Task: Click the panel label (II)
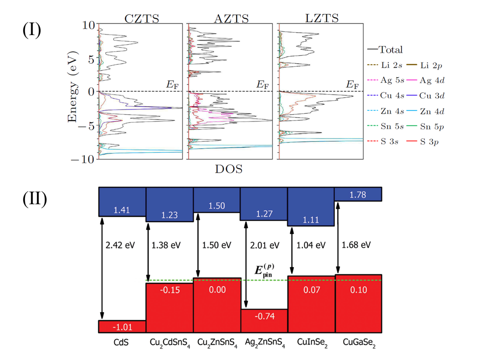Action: (x=35, y=199)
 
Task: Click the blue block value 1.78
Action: (x=358, y=194)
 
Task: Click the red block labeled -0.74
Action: (x=264, y=317)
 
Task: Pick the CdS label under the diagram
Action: (x=122, y=344)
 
